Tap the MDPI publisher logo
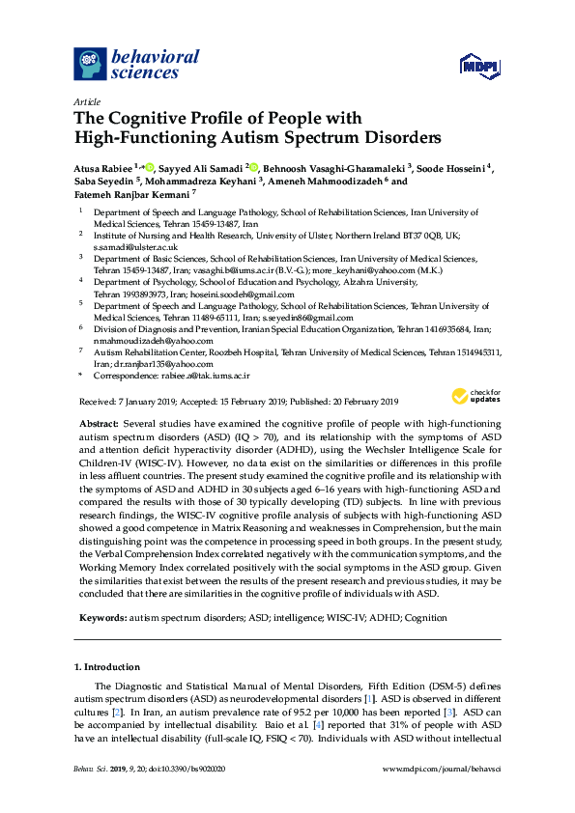tap(481, 66)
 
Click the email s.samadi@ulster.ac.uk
tap(126, 246)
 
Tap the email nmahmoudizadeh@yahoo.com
tap(140, 340)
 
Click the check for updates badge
tap(476, 396)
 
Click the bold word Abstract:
tap(99, 425)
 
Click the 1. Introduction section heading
tap(106, 666)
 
